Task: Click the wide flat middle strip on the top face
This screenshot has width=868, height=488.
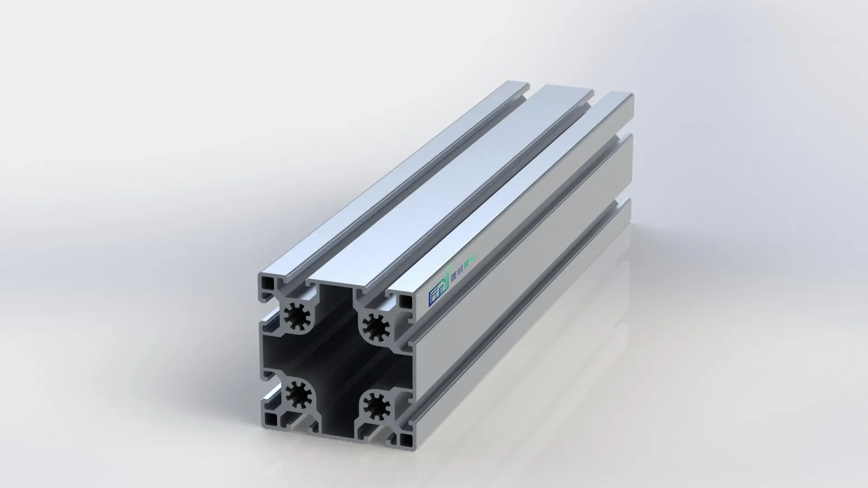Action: coord(475,181)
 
